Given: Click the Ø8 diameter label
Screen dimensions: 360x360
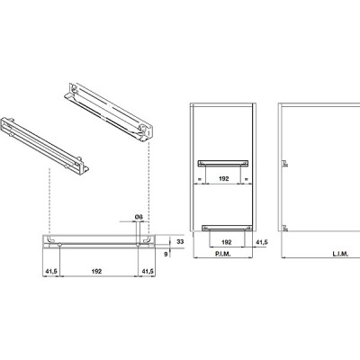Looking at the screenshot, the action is click(x=139, y=217).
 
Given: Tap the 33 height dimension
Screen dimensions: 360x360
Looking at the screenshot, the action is click(x=180, y=241).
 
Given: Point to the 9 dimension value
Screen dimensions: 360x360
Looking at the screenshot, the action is click(x=166, y=254).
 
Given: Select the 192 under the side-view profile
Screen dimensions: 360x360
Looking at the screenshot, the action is click(x=96, y=271).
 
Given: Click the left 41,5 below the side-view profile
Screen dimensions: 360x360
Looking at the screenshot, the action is click(x=51, y=271).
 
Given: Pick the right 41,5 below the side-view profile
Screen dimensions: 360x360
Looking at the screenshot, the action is click(x=148, y=271).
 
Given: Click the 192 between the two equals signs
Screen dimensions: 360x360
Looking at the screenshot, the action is click(x=224, y=178).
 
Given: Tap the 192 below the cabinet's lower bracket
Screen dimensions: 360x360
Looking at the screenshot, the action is click(x=227, y=242).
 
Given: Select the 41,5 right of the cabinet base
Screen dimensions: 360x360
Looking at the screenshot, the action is click(x=262, y=242).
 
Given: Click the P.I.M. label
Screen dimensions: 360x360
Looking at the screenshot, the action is click(x=222, y=254).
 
